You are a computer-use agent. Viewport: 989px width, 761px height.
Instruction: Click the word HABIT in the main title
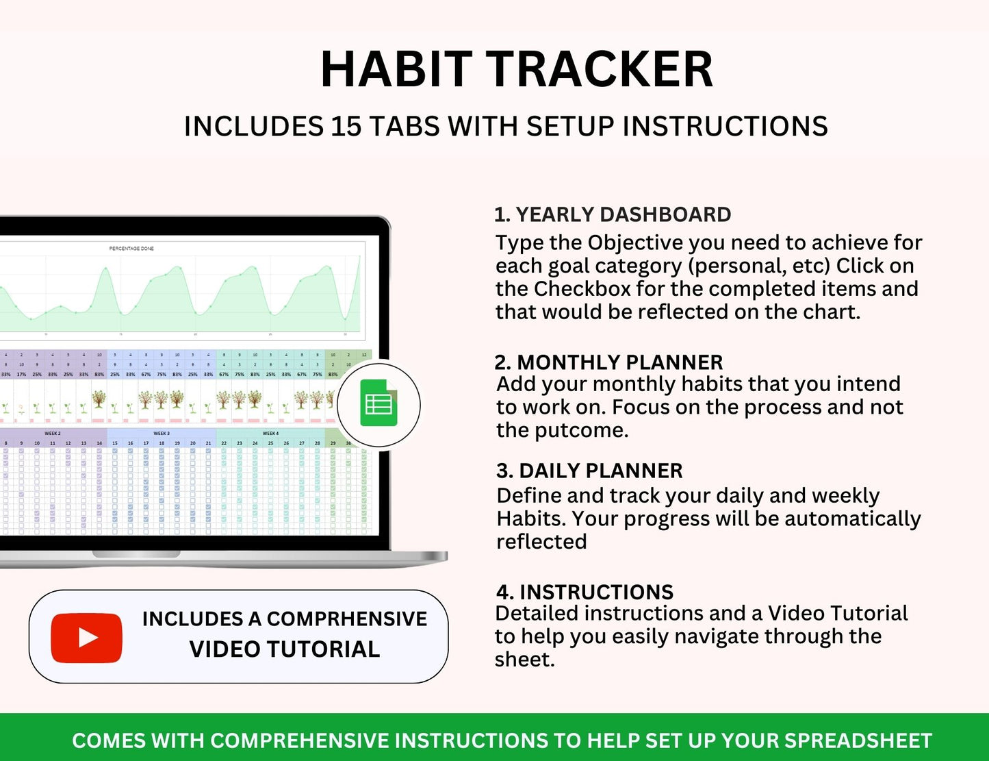point(396,70)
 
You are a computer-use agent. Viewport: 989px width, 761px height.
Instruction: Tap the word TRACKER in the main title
point(600,70)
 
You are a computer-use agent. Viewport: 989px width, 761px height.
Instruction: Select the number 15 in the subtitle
point(346,127)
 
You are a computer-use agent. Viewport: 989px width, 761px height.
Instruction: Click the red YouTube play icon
point(86,638)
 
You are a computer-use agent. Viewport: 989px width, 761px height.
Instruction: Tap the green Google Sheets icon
point(378,405)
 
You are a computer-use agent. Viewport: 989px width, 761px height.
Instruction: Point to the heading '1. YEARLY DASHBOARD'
point(613,214)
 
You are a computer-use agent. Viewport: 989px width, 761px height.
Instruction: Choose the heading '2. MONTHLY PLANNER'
point(608,362)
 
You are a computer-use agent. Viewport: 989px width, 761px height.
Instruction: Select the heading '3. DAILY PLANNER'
point(589,471)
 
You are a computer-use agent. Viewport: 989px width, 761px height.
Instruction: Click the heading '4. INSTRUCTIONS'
point(584,592)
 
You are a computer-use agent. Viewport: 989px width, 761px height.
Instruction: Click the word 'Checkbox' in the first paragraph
point(582,288)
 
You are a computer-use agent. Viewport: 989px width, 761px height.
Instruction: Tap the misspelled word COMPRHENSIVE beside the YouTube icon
point(346,619)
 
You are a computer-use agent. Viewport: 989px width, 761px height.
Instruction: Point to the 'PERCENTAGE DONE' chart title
point(131,248)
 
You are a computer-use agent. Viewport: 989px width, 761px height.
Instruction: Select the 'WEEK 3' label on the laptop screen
point(162,434)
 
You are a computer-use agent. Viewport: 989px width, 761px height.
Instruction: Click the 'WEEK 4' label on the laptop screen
point(270,434)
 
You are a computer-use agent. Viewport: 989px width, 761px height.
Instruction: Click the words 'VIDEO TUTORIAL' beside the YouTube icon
point(284,649)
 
